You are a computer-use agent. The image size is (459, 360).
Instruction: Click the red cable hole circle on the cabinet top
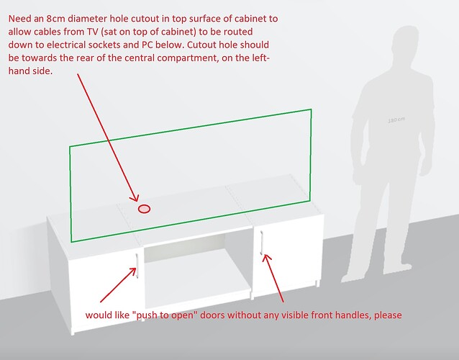click(x=144, y=209)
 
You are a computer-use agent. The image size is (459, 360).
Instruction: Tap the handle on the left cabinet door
click(x=137, y=266)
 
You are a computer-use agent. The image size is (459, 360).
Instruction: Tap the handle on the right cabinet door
click(x=262, y=243)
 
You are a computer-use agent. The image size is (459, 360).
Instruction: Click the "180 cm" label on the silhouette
click(x=396, y=120)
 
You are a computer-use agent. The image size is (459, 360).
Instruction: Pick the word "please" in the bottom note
click(x=388, y=315)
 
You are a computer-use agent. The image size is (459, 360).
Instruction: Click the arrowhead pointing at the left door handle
click(x=132, y=271)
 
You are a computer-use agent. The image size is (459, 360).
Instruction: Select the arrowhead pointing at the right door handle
click(x=266, y=258)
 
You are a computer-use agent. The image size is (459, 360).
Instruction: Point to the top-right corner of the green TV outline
click(x=311, y=109)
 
